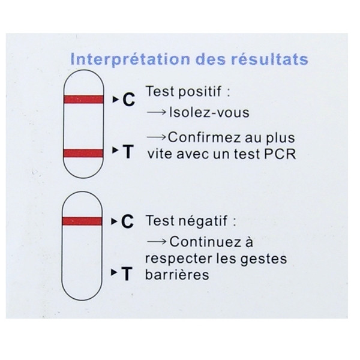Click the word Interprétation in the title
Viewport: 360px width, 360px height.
click(130, 59)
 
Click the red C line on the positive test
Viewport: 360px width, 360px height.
click(83, 99)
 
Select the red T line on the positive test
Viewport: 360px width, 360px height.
click(83, 153)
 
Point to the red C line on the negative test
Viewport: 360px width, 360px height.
click(82, 221)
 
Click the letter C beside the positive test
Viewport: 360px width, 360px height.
click(128, 100)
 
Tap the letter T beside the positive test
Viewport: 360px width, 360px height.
click(128, 152)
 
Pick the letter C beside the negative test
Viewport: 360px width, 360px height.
click(127, 221)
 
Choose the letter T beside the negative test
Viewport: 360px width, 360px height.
click(127, 274)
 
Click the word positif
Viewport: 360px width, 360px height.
click(200, 92)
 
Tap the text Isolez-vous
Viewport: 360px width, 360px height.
click(209, 113)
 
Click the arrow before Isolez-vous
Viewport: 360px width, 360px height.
click(157, 112)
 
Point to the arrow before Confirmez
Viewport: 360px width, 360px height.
click(156, 137)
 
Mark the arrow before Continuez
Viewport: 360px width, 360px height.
click(157, 242)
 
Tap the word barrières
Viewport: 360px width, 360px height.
click(177, 275)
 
